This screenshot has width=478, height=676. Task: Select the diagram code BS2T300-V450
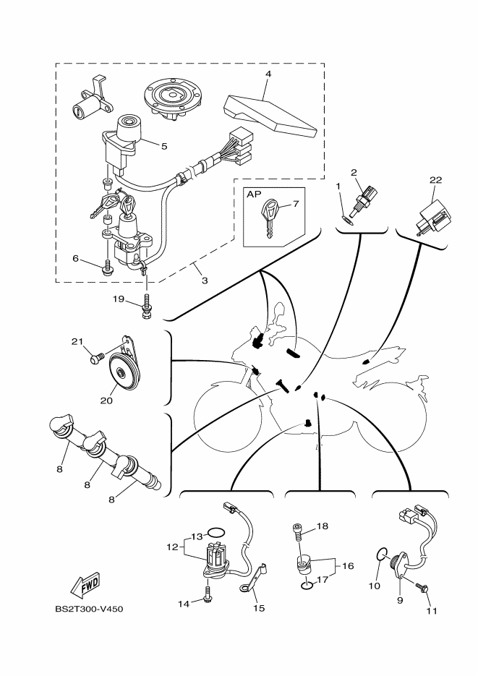89,609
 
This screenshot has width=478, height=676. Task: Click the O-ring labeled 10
380,555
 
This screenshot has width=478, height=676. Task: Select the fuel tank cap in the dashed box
171,96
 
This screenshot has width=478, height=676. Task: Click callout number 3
205,280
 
